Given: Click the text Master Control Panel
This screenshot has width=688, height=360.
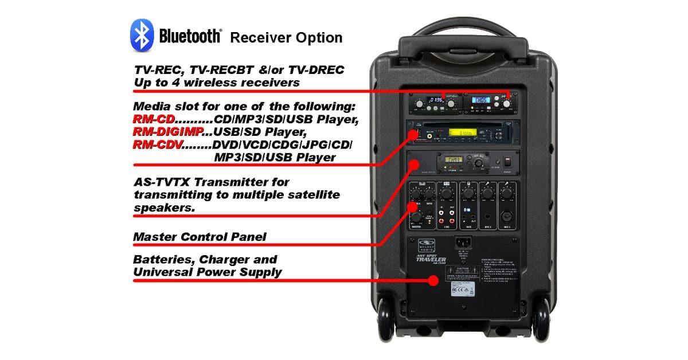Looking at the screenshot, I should point(200,236).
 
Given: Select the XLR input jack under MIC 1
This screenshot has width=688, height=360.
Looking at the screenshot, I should point(507,218).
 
